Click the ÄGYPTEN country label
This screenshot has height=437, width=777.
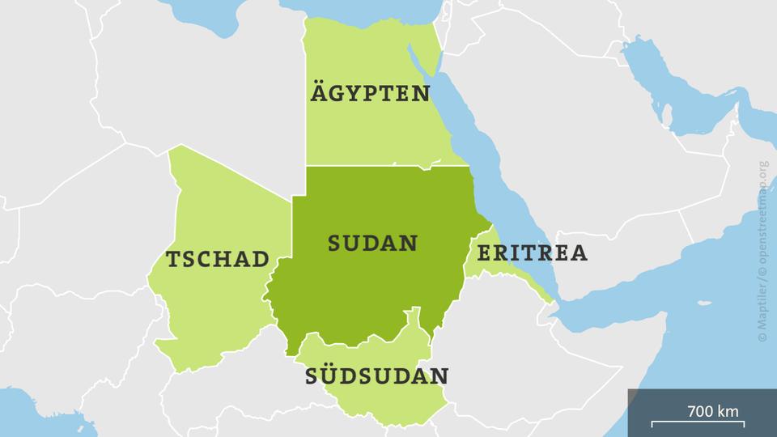point(370,93)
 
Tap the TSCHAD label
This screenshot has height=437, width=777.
point(217,259)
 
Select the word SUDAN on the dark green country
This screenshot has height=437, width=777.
point(372,243)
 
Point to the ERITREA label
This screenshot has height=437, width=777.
point(532,253)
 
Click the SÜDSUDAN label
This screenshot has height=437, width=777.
point(377,376)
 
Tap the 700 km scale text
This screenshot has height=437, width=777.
point(712,411)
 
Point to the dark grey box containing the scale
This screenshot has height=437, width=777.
point(702,413)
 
